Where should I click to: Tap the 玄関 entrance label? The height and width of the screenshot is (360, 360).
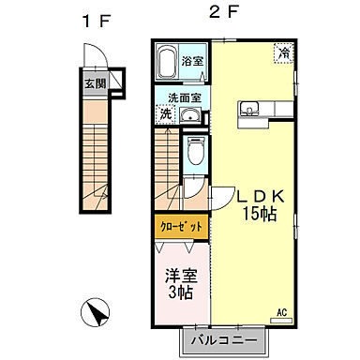tap(96, 82)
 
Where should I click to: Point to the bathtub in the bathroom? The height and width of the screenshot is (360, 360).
tap(169, 66)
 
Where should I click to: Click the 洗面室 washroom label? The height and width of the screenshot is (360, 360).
tap(183, 97)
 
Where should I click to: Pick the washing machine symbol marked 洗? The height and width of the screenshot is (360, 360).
tap(165, 114)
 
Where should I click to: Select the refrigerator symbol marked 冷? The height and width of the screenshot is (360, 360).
tap(282, 54)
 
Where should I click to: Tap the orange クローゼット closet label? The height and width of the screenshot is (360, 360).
tap(176, 227)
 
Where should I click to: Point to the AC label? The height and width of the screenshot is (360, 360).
tap(280, 311)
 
